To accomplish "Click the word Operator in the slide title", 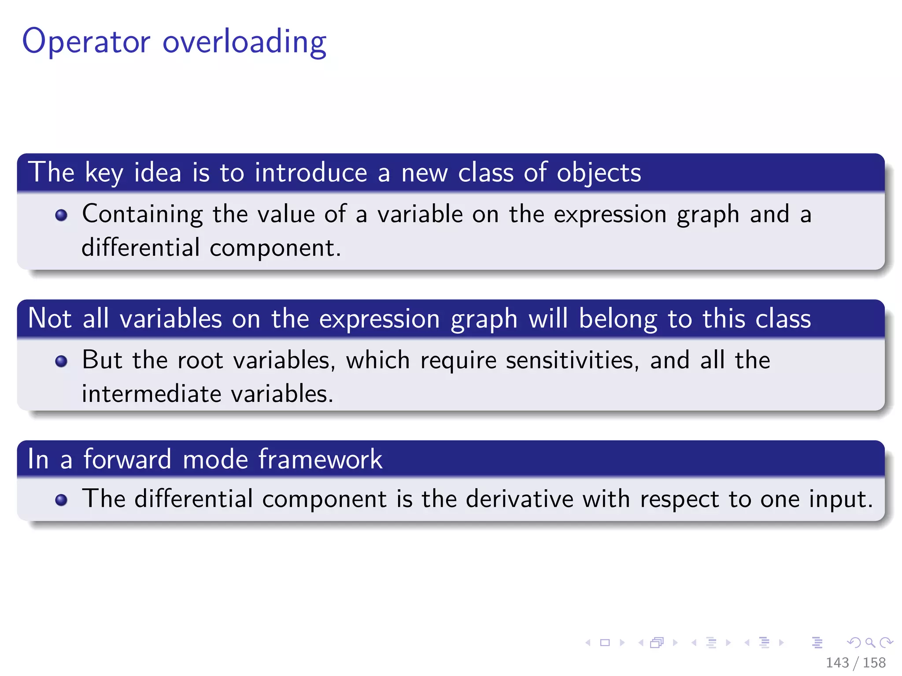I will pyautogui.click(x=86, y=42).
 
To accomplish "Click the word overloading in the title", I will pyautogui.click(x=244, y=42).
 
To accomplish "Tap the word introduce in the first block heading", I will pyautogui.click(x=311, y=172).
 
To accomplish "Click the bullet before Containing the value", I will pyautogui.click(x=61, y=215).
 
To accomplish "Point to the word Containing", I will pyautogui.click(x=142, y=214).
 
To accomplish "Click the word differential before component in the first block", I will pyautogui.click(x=140, y=247).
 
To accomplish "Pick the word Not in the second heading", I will pyautogui.click(x=49, y=318).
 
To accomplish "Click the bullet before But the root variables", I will pyautogui.click(x=61, y=361).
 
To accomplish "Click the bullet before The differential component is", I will pyautogui.click(x=61, y=500).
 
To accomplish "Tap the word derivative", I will pyautogui.click(x=519, y=499).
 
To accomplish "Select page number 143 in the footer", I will pyautogui.click(x=837, y=662).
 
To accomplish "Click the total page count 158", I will pyautogui.click(x=874, y=662).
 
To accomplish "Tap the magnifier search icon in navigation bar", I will pyautogui.click(x=870, y=643).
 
